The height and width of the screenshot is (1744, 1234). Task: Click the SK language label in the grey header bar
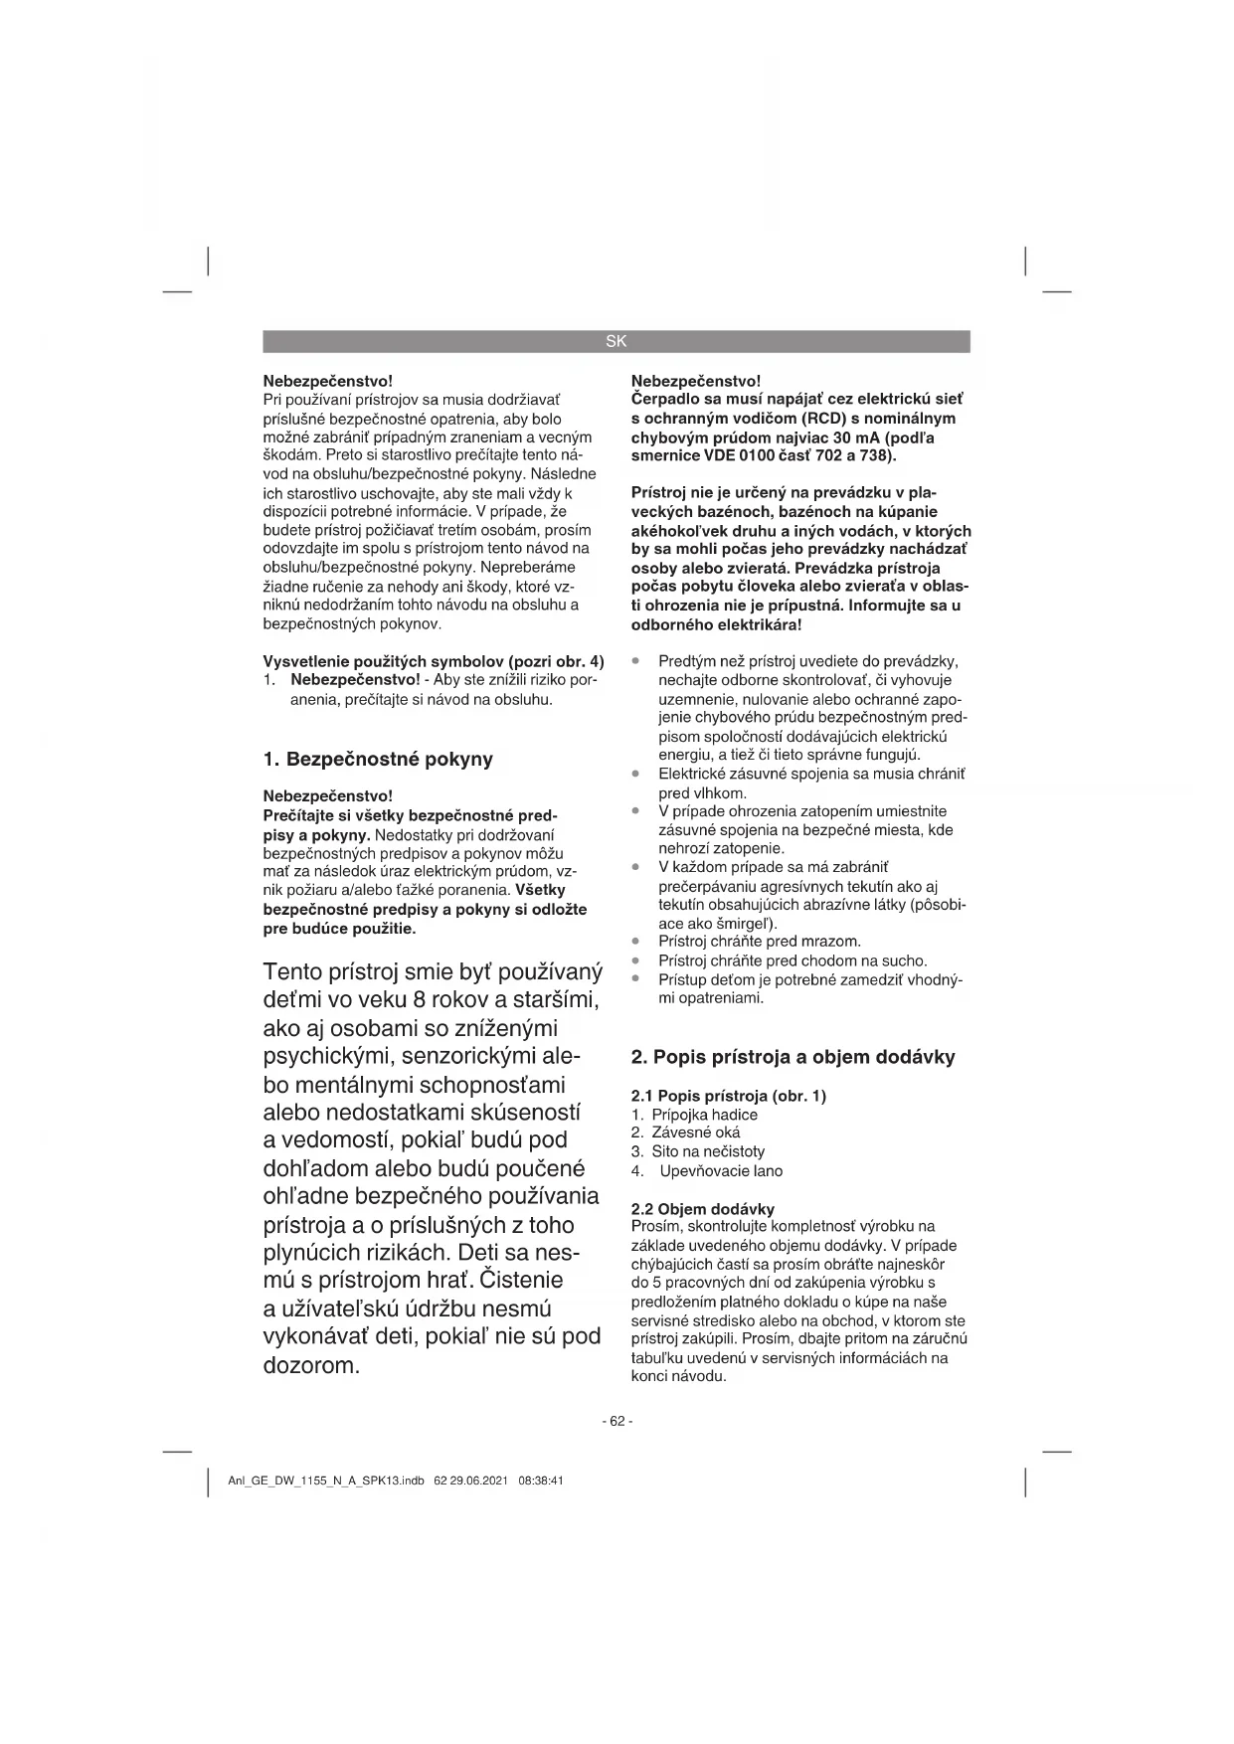[x=617, y=341]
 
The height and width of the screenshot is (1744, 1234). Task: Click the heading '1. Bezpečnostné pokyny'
[x=378, y=760]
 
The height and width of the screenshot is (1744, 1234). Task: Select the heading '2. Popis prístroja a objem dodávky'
[x=793, y=1058]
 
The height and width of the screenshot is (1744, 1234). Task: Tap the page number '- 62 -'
[x=617, y=1421]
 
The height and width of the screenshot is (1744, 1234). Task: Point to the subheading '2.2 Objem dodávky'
[x=703, y=1209]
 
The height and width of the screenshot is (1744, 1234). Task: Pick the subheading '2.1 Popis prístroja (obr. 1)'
[x=729, y=1096]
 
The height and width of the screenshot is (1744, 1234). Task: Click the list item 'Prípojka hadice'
[x=704, y=1115]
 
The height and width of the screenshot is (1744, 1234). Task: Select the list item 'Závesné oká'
[x=696, y=1133]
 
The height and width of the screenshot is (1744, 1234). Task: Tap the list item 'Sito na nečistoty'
[x=708, y=1151]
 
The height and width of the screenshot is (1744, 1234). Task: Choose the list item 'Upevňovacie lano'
[x=721, y=1170]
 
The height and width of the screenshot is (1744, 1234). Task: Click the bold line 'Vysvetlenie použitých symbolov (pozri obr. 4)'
[x=433, y=661]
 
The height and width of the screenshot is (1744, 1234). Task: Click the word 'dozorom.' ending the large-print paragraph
[x=310, y=1365]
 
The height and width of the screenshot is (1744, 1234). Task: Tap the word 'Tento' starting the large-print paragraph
[x=295, y=971]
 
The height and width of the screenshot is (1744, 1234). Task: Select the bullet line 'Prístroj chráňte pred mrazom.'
[x=760, y=942]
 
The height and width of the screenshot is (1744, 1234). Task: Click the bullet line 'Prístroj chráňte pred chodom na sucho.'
[x=793, y=960]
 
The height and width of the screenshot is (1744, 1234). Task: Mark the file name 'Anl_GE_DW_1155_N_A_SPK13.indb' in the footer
[x=326, y=1481]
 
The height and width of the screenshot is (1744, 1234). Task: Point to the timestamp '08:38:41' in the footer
[x=541, y=1481]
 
